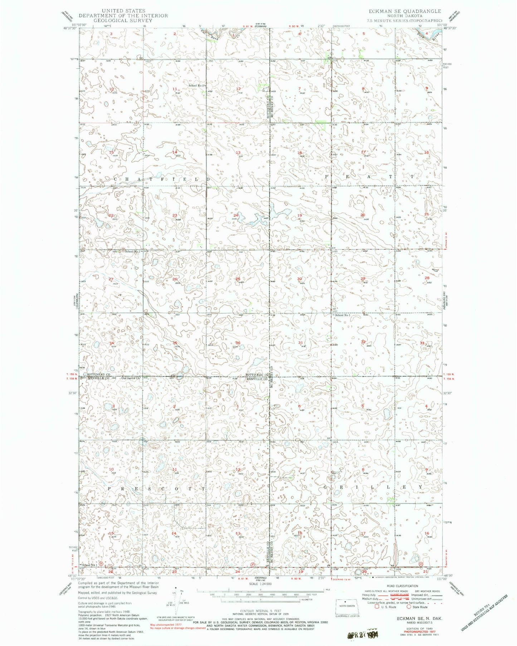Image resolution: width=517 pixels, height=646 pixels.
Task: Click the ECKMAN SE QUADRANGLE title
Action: coord(405,11)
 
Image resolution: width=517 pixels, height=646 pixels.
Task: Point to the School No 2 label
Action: coord(197,86)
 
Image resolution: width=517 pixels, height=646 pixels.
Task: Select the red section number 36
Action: coord(238,343)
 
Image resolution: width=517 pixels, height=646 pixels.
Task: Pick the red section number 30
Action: coord(299,279)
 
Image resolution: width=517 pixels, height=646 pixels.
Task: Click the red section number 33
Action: coord(422,343)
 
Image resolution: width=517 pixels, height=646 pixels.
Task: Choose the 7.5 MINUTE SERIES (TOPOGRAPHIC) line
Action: coord(405,20)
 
